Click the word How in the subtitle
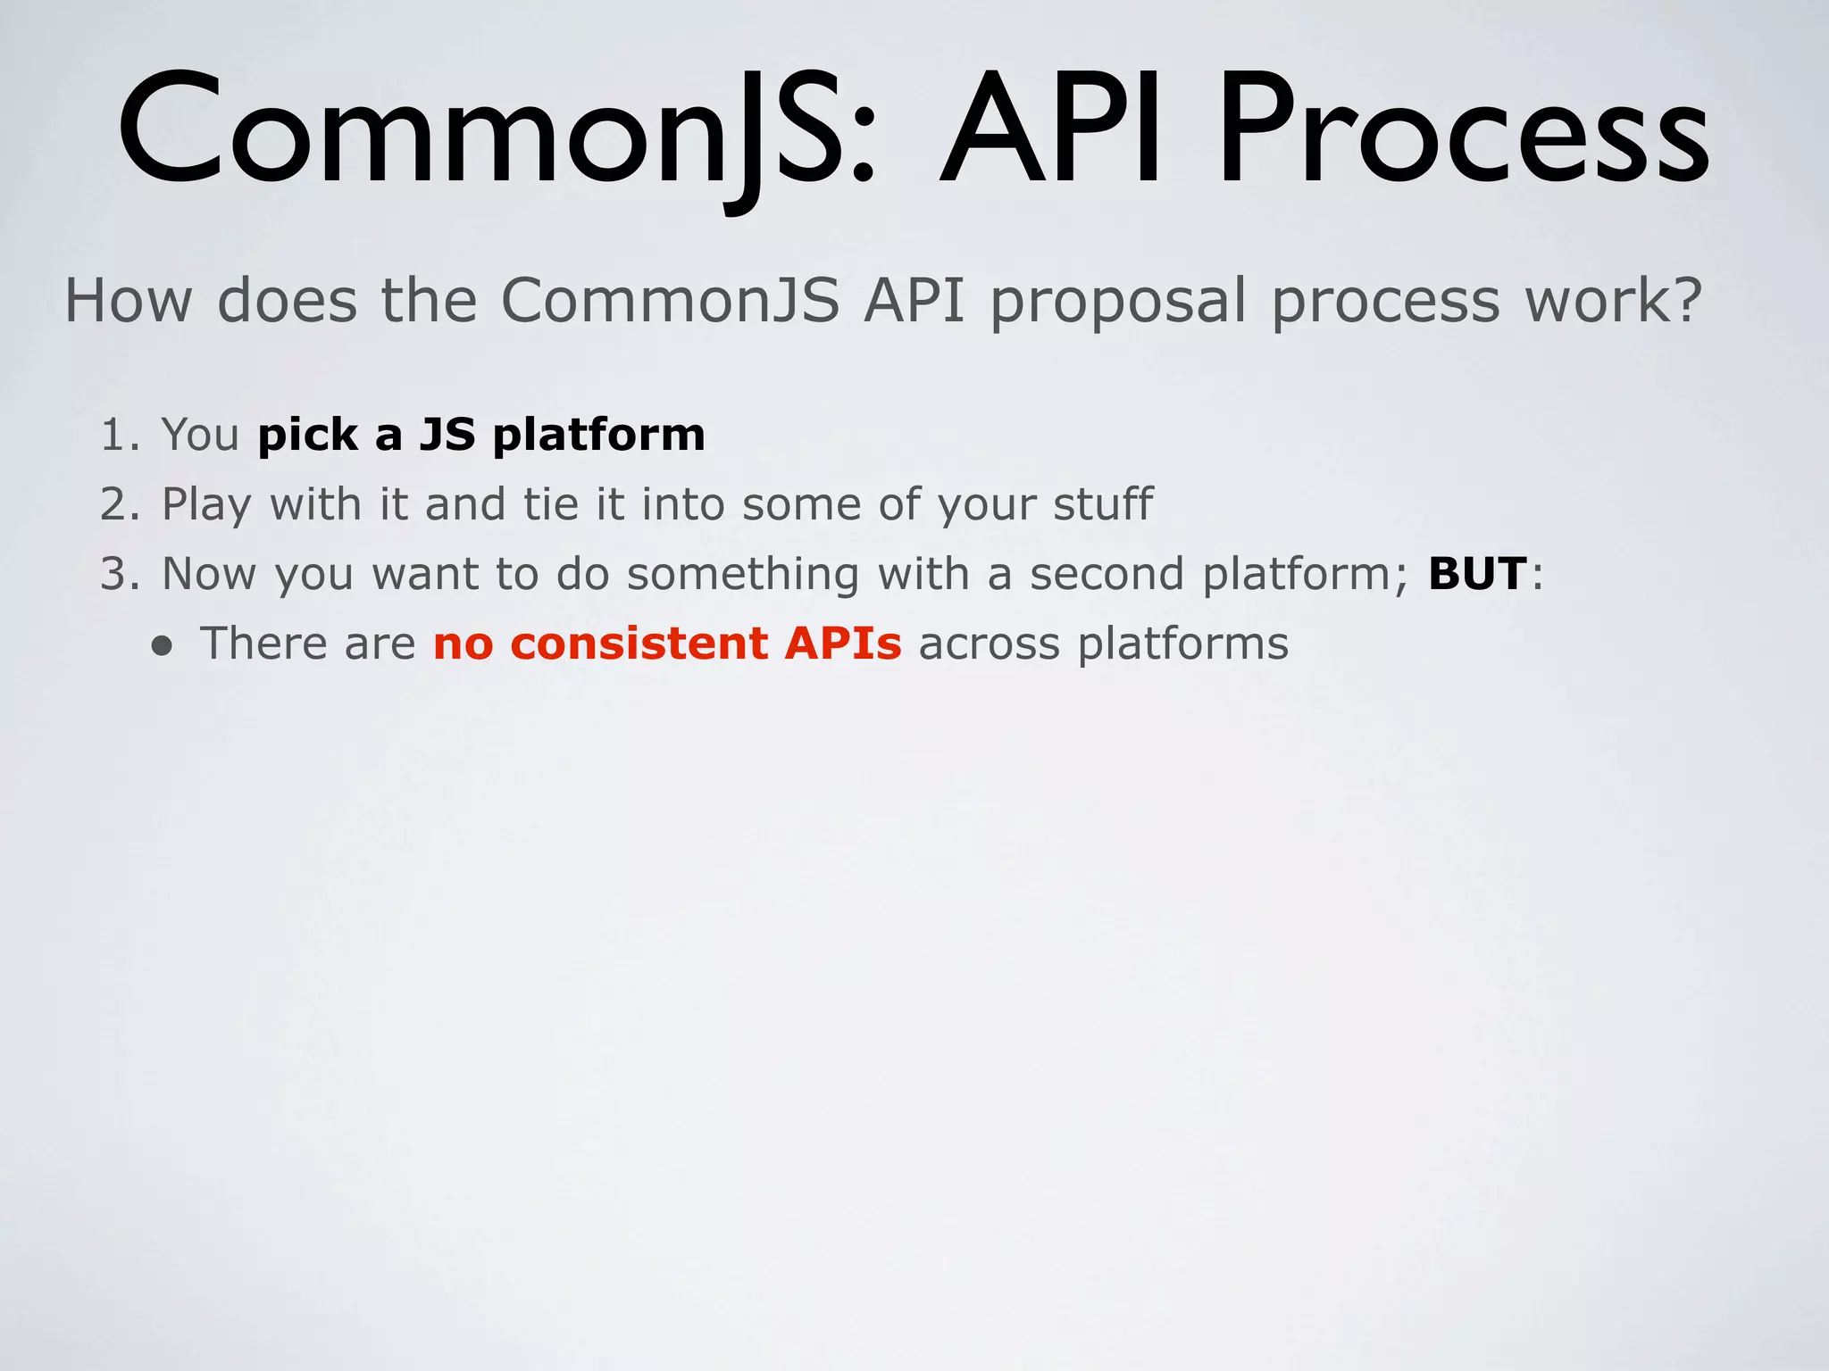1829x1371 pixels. pos(129,301)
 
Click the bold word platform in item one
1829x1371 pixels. pos(598,436)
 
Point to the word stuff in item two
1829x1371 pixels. pos(1103,504)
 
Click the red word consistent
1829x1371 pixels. pos(639,644)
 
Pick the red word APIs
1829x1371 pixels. pos(843,644)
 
